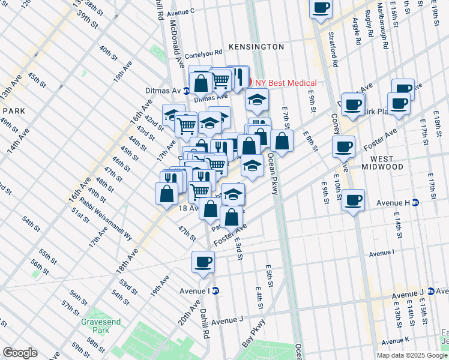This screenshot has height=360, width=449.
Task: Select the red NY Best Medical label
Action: point(286,83)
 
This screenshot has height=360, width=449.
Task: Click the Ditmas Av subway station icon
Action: point(187,91)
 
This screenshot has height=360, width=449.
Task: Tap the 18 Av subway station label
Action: point(189,208)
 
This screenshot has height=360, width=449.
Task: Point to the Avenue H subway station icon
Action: point(415,203)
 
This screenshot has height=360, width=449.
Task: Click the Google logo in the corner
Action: point(20,353)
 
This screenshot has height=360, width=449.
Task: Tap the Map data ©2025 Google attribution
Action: point(411,355)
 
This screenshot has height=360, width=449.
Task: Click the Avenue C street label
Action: point(181,12)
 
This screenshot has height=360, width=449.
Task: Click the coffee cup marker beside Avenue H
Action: point(354,199)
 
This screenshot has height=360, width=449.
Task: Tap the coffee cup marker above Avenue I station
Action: point(203,262)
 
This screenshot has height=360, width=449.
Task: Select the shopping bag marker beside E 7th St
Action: point(282,141)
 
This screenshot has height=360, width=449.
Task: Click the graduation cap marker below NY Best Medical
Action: point(256,100)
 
